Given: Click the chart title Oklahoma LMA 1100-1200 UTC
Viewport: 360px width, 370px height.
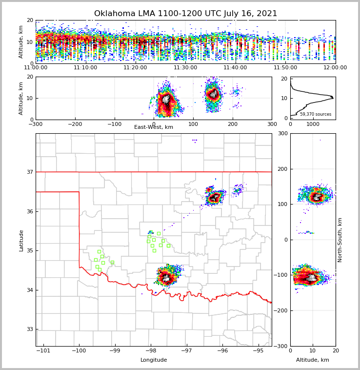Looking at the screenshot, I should (x=185, y=14).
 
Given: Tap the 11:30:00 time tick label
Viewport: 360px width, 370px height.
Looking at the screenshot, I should (x=185, y=68).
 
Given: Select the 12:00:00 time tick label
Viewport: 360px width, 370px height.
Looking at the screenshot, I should (x=335, y=68).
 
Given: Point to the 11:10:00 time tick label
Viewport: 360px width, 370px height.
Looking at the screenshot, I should (x=85, y=68).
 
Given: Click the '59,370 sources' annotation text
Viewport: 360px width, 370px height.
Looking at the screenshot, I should (x=316, y=114).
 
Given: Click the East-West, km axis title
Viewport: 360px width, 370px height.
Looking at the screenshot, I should (x=154, y=127).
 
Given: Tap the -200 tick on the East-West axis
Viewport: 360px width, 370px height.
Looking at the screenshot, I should (x=75, y=124).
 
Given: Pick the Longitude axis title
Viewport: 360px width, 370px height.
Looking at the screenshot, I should (x=154, y=360).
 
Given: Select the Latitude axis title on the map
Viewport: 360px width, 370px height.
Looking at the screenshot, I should (x=21, y=240).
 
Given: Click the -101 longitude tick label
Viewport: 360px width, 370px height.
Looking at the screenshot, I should (x=43, y=351).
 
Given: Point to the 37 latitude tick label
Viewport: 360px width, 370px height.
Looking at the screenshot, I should (x=29, y=172).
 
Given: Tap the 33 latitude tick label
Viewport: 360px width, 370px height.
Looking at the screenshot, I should (x=29, y=329).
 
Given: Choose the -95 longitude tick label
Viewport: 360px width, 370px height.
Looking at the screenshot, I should (x=258, y=351).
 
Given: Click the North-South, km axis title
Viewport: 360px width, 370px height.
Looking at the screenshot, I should (x=340, y=240).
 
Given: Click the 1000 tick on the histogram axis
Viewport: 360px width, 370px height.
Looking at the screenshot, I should (x=313, y=124).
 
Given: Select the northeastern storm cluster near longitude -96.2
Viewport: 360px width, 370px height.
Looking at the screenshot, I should (x=214, y=198).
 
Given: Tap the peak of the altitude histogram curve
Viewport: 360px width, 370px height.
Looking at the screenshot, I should (x=333, y=98).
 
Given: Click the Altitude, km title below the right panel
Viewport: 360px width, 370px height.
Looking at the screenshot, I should (x=313, y=360).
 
